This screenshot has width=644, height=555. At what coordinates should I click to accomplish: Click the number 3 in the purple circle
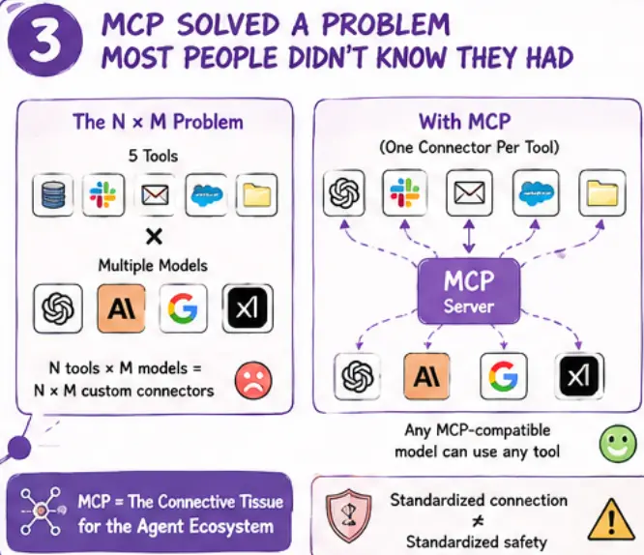46,42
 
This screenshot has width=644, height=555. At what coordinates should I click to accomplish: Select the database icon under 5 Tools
53,194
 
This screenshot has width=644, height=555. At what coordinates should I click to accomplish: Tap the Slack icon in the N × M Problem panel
103,194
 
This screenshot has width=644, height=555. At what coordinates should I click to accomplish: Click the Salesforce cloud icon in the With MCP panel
536,192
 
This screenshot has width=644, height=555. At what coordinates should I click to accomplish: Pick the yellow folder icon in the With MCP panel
602,192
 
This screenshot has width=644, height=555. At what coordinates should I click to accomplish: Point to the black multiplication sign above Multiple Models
154,237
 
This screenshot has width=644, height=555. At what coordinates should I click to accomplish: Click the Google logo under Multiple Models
183,308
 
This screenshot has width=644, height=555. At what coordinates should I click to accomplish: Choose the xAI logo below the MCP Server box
579,376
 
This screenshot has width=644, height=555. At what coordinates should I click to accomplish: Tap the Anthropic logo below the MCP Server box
426,376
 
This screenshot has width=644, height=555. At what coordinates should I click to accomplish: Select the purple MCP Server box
469,291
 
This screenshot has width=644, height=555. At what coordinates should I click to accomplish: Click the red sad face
253,380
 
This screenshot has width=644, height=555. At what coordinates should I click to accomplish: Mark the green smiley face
618,444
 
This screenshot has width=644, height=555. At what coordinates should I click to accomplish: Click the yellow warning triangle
611,520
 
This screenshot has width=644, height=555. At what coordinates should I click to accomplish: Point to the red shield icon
348,515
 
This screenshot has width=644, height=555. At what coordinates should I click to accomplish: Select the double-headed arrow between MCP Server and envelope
469,237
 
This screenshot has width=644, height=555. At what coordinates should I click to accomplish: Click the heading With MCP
464,122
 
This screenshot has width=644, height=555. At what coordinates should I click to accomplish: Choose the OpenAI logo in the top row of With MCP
344,192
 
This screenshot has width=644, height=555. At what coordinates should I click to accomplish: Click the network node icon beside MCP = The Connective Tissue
41,511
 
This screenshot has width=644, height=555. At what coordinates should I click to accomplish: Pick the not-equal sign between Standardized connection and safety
478,521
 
